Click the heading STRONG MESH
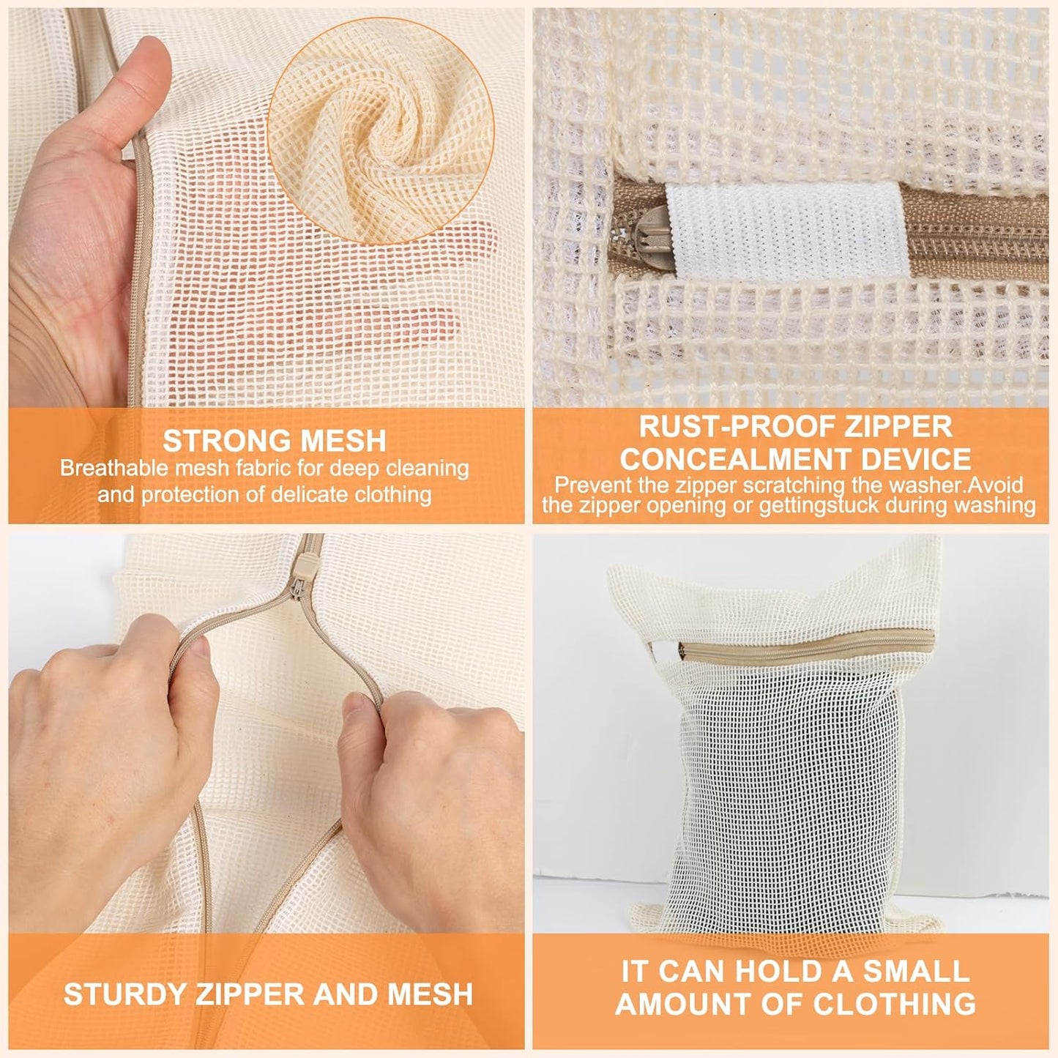click(x=275, y=441)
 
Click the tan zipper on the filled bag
click(x=805, y=643)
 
